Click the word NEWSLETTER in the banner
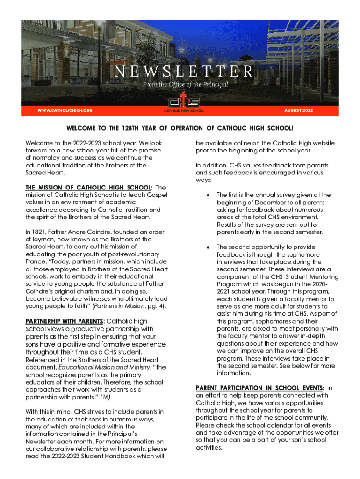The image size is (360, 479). click(184, 72)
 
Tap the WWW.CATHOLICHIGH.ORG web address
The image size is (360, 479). click(65, 110)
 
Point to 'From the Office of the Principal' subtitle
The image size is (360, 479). click(186, 85)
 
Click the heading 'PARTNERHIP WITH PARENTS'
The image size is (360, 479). click(64, 321)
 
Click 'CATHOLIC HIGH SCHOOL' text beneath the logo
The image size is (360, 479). click(184, 111)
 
